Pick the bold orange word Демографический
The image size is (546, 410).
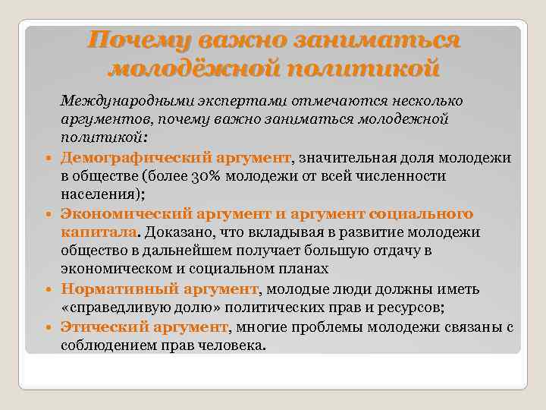(122, 158)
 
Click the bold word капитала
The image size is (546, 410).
(99, 232)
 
